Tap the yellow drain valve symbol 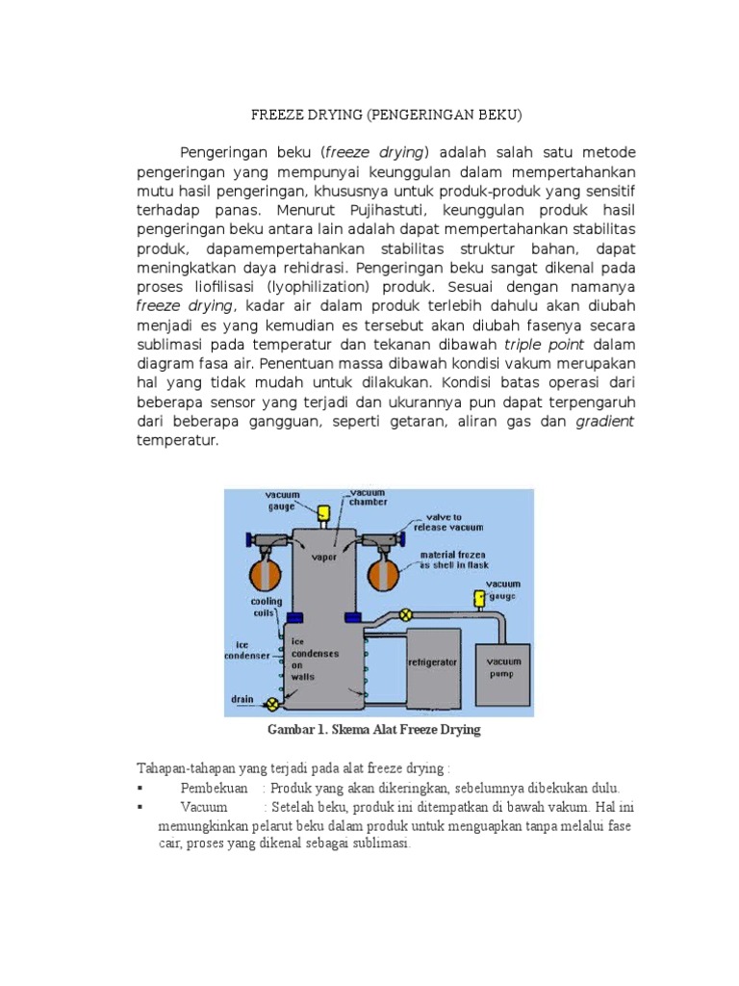click(272, 705)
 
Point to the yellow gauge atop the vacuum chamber click(323, 511)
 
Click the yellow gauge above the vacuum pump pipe click(477, 600)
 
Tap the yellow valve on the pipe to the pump click(406, 613)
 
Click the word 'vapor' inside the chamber click(322, 557)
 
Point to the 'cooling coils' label click(267, 607)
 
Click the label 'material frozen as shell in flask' click(452, 560)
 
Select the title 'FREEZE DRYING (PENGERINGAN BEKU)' click(386, 115)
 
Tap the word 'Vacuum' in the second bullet click(203, 806)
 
